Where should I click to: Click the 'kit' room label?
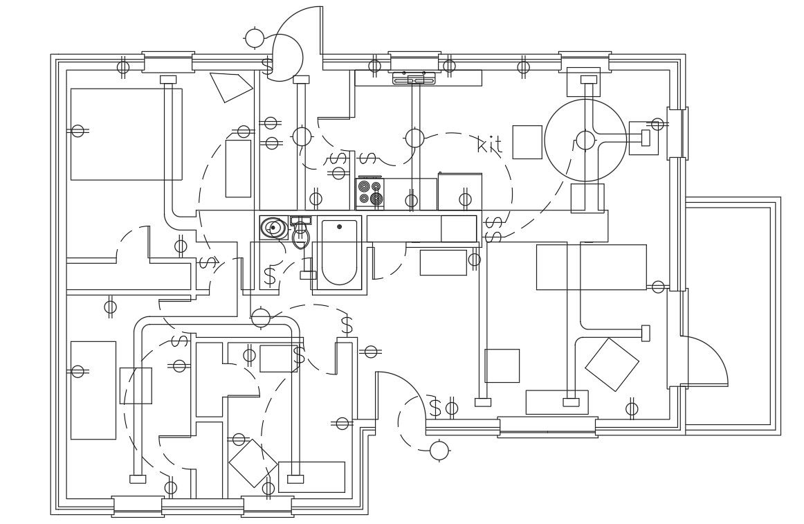(490, 145)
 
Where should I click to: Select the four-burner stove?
(369, 193)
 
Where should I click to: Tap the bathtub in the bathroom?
(339, 253)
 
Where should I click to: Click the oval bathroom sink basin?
(273, 228)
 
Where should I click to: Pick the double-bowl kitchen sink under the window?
(414, 79)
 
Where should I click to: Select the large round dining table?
(585, 141)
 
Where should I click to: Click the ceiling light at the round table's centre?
(585, 141)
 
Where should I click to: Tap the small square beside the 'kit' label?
(527, 142)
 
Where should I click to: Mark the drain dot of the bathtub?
(339, 227)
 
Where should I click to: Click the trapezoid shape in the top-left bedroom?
(230, 86)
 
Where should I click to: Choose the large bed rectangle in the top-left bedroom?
(126, 134)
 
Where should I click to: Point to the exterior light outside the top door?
(255, 38)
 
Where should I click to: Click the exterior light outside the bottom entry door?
(439, 451)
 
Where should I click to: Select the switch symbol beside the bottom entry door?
(435, 408)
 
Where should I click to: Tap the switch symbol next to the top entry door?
(267, 67)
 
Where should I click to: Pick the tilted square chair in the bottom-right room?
(612, 364)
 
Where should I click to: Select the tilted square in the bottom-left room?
(253, 463)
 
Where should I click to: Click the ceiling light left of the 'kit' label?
(414, 138)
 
